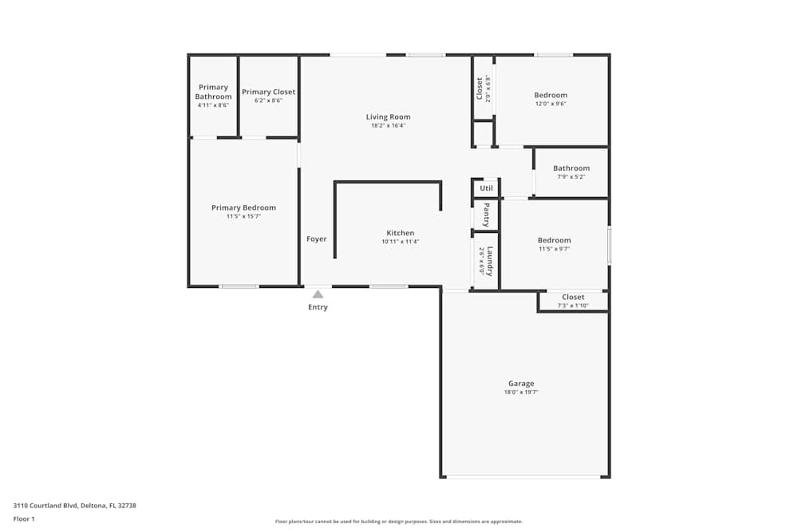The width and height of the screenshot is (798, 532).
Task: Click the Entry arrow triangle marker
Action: [318, 294]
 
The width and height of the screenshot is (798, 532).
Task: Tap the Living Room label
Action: [388, 117]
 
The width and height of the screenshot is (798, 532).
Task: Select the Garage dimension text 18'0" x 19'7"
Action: [521, 392]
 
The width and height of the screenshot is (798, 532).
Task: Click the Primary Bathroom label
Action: [213, 92]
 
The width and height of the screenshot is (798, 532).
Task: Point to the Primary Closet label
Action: [268, 92]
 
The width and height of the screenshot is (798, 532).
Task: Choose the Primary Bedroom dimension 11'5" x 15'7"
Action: [243, 216]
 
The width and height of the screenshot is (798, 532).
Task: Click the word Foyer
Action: [317, 239]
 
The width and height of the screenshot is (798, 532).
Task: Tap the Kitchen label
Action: [400, 233]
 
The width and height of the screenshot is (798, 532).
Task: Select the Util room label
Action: [486, 188]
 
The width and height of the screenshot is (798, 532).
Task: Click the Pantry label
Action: [486, 215]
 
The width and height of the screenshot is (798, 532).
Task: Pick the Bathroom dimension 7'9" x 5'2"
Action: [571, 177]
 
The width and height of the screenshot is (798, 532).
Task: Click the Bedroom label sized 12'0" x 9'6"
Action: [551, 96]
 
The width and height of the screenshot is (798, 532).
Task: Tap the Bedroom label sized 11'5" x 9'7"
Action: [554, 240]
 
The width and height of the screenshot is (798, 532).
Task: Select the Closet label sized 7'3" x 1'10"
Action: [573, 298]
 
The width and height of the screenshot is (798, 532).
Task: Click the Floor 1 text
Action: [24, 518]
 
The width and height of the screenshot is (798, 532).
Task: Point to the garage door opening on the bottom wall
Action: [523, 477]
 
